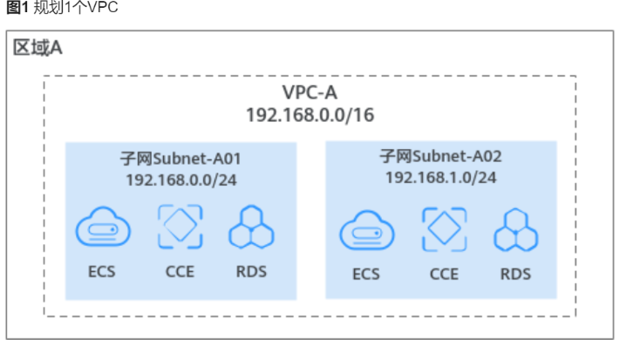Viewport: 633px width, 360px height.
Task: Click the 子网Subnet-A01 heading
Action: pyautogui.click(x=180, y=160)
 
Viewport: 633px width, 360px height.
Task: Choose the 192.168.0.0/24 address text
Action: pyautogui.click(x=181, y=180)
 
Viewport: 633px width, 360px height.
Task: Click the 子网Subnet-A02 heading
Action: pyautogui.click(x=440, y=157)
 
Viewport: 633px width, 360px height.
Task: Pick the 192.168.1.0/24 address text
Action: pyautogui.click(x=440, y=177)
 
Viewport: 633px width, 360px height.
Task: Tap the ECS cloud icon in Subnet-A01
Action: pyautogui.click(x=101, y=230)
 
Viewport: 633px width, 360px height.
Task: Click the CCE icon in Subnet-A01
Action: pyautogui.click(x=180, y=228)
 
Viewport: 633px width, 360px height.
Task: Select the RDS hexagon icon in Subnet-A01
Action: pyautogui.click(x=251, y=229)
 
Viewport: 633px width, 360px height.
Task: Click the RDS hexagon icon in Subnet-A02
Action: pyautogui.click(x=515, y=232)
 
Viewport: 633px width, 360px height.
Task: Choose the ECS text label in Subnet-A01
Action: pyautogui.click(x=101, y=271)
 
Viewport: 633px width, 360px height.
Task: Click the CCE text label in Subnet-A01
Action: pyautogui.click(x=180, y=271)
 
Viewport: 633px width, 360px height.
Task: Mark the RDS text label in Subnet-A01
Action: pyautogui.click(x=251, y=271)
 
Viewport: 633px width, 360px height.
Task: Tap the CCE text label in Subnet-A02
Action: pyautogui.click(x=444, y=274)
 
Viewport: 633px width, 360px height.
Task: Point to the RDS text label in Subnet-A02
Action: pyautogui.click(x=515, y=274)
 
